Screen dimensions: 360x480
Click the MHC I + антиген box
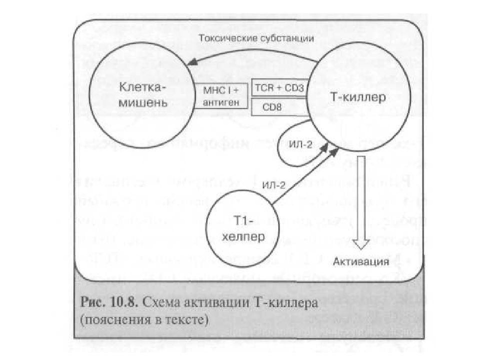pos(222,96)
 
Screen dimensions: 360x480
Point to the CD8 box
pos(279,106)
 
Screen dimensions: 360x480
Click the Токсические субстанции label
pos(256,38)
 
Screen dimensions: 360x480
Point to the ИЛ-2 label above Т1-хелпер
pos(274,184)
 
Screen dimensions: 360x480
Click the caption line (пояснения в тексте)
pos(143,319)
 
